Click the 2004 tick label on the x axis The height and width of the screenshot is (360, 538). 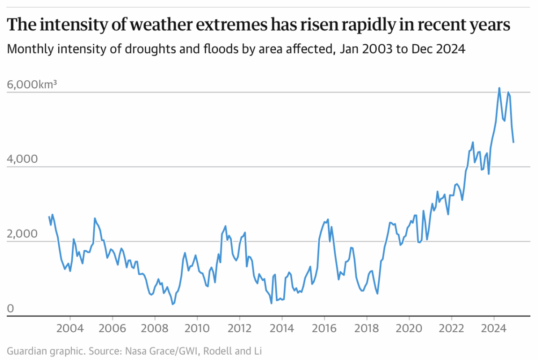point(70,329)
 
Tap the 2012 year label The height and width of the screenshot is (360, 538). point(239,329)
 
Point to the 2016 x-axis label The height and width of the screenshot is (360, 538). point(324,329)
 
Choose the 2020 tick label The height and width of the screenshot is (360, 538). point(409,329)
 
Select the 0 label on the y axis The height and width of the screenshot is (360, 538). point(10,308)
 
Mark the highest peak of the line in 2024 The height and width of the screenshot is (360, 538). point(499,88)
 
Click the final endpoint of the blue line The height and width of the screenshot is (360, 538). point(513,142)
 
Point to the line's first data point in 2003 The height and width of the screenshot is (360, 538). point(49,217)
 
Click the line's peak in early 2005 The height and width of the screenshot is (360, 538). point(95,218)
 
